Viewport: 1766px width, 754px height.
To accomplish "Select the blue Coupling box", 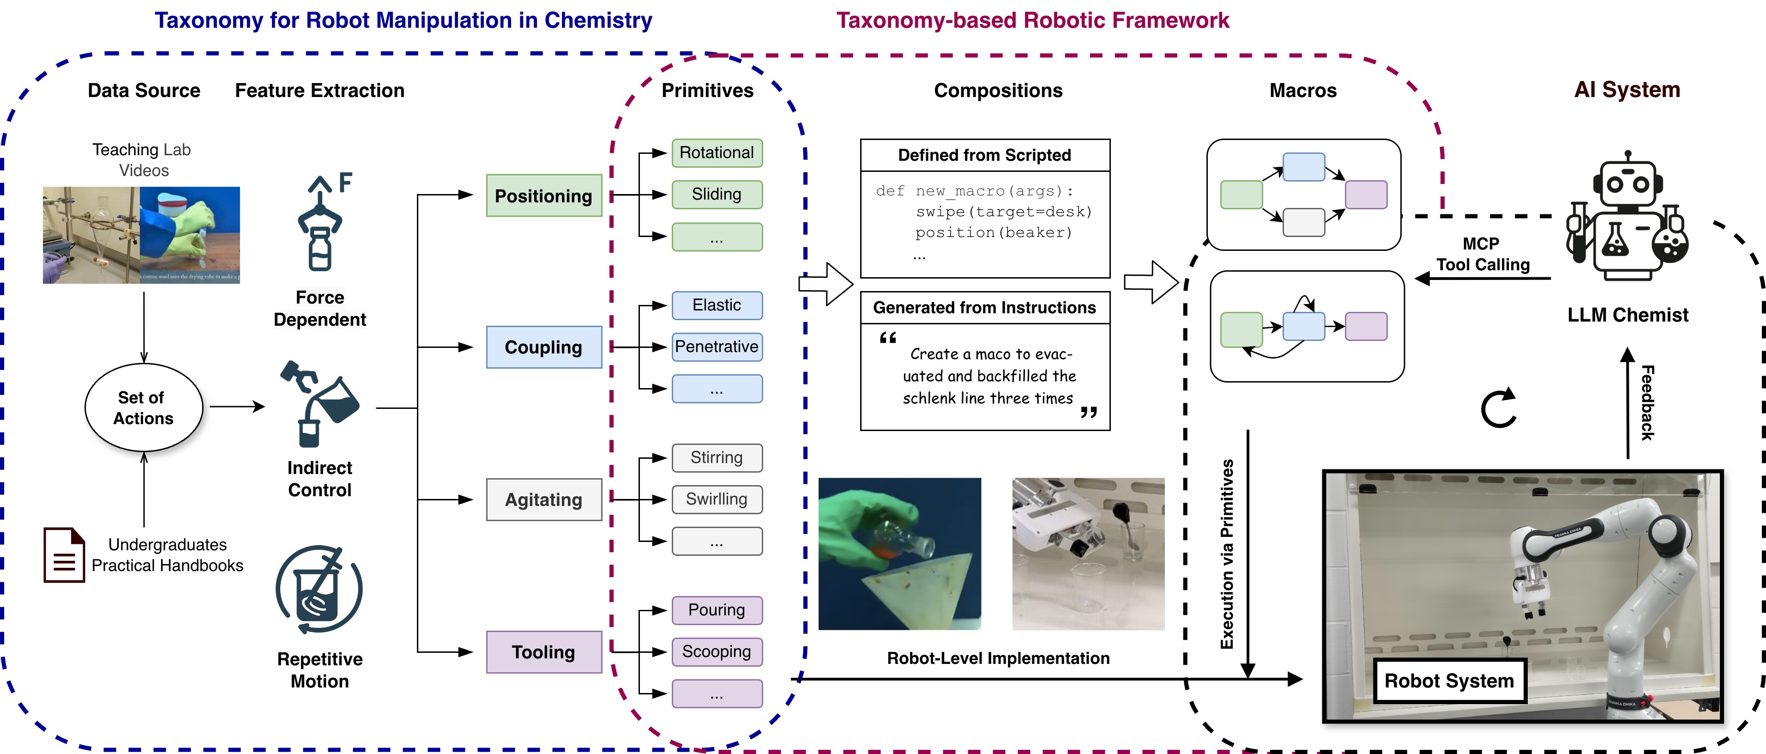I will pos(543,347).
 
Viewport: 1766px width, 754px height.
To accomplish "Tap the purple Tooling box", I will pos(543,652).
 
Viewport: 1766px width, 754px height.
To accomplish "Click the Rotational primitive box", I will pos(717,152).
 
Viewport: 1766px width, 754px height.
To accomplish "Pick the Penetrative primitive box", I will pos(717,347).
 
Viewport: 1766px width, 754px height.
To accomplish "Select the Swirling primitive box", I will pos(717,499).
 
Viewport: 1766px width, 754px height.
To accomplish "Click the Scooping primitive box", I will pos(717,651).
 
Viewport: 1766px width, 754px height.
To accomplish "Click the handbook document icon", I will pos(64,554).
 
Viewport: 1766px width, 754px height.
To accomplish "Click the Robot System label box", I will pos(1449,681).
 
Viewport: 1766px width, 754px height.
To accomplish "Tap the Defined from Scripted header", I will pos(984,155).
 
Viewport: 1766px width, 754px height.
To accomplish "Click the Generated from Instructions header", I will pos(984,307).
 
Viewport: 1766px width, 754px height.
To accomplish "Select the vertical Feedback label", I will pos(1647,403).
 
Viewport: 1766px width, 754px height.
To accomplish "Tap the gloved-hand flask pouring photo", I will pos(899,553).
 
